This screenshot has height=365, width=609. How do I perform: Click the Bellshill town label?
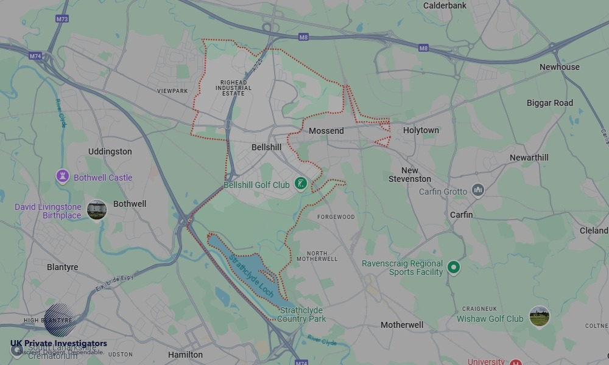pyautogui.click(x=266, y=147)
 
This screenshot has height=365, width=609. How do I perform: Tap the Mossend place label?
pyautogui.click(x=326, y=131)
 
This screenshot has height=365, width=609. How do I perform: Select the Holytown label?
pyautogui.click(x=421, y=130)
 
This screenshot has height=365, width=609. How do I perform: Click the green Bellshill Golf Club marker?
pyautogui.click(x=300, y=183)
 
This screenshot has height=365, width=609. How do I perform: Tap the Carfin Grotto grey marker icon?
pyautogui.click(x=478, y=191)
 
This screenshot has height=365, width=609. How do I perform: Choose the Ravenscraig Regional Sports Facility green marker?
pyautogui.click(x=453, y=267)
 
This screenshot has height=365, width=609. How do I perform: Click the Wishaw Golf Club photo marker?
pyautogui.click(x=539, y=316)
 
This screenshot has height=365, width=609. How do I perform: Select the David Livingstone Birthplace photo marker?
pyautogui.click(x=96, y=210)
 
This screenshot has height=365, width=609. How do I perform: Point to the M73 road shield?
pyautogui.click(x=62, y=19)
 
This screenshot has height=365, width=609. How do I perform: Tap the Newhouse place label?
pyautogui.click(x=559, y=67)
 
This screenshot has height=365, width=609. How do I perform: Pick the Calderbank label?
pyautogui.click(x=445, y=5)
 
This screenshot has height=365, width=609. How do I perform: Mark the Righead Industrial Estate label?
pyautogui.click(x=233, y=88)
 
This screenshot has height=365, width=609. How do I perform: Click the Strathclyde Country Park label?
pyautogui.click(x=303, y=315)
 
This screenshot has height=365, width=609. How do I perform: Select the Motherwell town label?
pyautogui.click(x=402, y=325)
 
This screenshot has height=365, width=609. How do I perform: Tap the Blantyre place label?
pyautogui.click(x=63, y=267)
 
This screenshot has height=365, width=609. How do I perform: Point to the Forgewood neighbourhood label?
pyautogui.click(x=336, y=217)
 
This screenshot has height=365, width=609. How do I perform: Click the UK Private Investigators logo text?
pyautogui.click(x=58, y=344)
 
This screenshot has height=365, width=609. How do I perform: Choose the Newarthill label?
pyautogui.click(x=529, y=158)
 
